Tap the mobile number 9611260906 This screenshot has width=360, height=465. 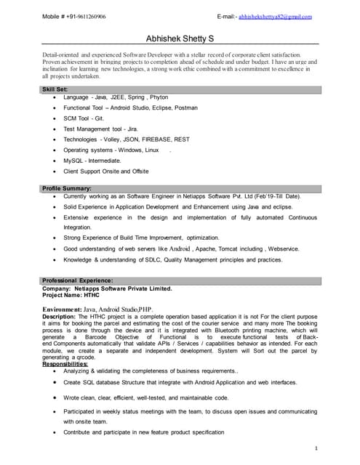(x=88, y=15)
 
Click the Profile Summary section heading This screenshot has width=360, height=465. (x=67, y=189)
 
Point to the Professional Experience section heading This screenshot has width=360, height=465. (x=77, y=280)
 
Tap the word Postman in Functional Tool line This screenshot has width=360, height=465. (x=183, y=107)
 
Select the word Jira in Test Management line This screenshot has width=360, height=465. (x=130, y=128)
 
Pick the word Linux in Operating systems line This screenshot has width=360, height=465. (x=151, y=150)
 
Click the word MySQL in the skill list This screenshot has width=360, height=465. (x=73, y=160)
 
